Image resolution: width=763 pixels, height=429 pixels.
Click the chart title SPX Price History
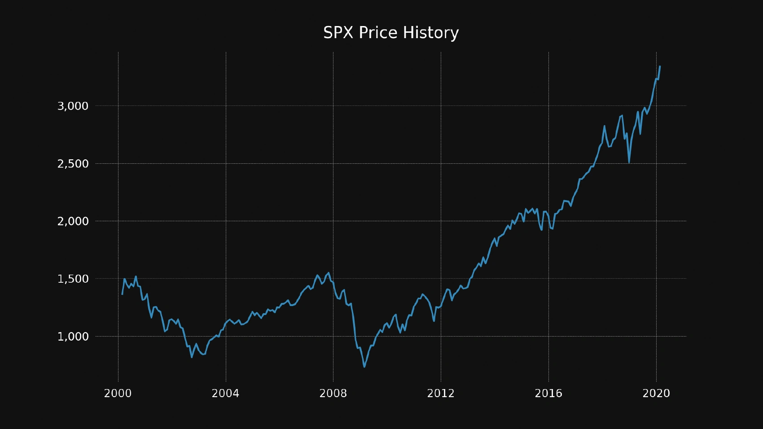391,33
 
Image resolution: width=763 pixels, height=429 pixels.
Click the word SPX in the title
338,33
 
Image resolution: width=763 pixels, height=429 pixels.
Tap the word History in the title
430,33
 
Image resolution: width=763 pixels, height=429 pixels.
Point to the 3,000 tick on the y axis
73,106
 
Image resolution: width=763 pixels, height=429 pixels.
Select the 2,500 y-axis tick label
73,164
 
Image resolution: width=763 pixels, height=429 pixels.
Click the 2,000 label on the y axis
73,221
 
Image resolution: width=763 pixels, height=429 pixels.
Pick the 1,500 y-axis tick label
73,279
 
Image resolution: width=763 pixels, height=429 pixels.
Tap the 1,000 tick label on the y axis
73,337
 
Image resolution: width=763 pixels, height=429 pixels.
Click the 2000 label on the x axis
118,394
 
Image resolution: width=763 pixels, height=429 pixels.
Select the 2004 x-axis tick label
226,394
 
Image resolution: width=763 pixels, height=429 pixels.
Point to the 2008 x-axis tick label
333,394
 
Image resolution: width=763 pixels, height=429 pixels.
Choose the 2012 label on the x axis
441,394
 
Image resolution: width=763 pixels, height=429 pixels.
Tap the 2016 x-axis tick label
548,394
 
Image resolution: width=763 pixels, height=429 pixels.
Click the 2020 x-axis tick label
656,394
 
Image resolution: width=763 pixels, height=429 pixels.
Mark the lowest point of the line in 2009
364,367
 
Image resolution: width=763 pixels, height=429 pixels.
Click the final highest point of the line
660,66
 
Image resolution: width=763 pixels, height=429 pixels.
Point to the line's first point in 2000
122,294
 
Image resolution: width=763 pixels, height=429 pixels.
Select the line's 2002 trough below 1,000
192,357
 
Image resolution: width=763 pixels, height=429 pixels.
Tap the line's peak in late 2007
329,272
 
